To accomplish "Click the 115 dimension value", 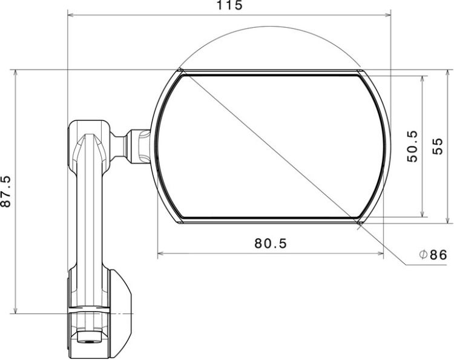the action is point(229,5).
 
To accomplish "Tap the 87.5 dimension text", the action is point(6,191).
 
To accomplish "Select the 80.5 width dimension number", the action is point(271,243).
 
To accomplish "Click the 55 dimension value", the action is point(438,146).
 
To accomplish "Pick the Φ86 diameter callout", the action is point(433,255).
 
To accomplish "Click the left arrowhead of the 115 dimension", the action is point(71,15).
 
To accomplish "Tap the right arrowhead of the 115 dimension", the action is point(387,15).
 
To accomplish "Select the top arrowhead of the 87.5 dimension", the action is point(15,73).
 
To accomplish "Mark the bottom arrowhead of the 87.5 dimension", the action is point(15,310).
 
